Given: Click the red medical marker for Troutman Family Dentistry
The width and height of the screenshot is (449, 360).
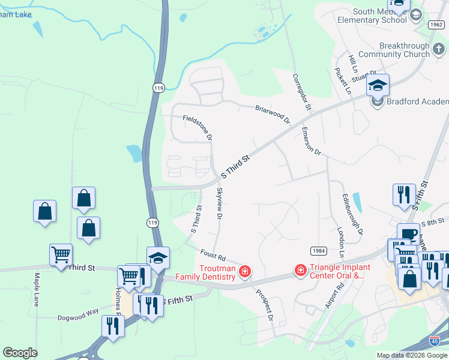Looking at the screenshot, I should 244,272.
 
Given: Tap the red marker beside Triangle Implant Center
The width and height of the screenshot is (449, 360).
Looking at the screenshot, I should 300,272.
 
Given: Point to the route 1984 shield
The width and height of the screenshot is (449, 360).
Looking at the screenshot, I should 318,250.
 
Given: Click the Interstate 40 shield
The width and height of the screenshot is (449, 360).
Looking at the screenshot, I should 440,340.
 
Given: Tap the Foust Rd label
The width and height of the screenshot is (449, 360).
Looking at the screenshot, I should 212,256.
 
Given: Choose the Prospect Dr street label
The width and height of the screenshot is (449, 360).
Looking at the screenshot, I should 265,304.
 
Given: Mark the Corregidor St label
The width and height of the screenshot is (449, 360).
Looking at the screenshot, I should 302,92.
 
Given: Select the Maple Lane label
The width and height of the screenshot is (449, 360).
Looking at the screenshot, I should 37,290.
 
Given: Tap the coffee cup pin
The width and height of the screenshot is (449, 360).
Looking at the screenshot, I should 408,234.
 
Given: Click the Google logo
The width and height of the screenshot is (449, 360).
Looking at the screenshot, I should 20,353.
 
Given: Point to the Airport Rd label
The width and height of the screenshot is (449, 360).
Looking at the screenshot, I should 333,296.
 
